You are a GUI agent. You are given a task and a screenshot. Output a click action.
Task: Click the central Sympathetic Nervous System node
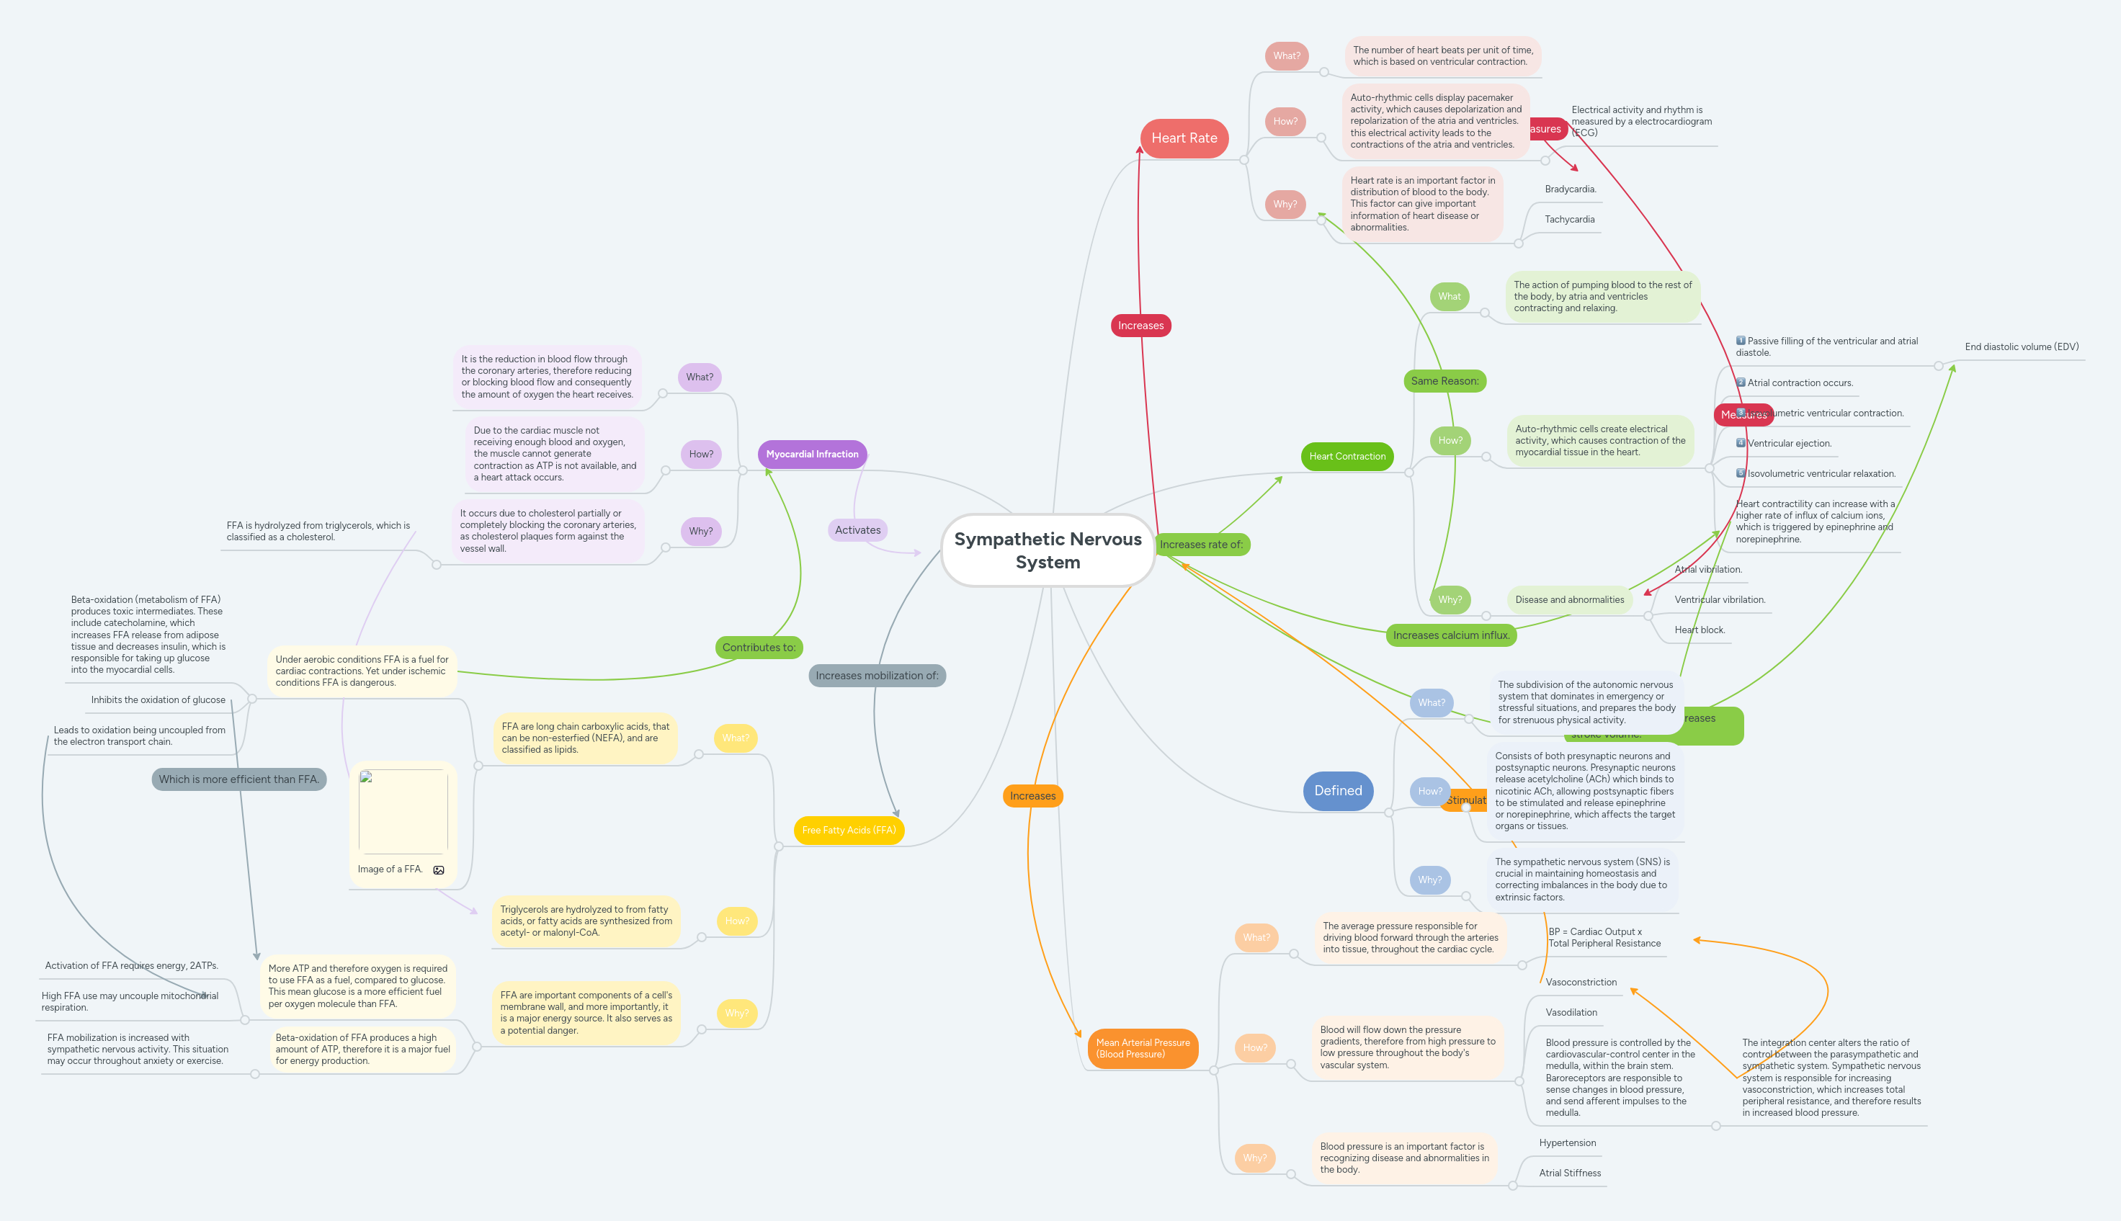(x=1048, y=550)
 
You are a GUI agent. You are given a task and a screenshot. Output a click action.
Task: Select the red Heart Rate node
(x=1184, y=138)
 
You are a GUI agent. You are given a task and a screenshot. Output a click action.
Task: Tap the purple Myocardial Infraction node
(x=811, y=455)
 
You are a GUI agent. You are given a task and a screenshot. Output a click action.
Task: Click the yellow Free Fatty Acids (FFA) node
(x=848, y=831)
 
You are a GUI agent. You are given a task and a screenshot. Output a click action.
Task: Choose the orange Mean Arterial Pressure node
(x=1142, y=1048)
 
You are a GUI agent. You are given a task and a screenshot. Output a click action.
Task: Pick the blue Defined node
(x=1338, y=791)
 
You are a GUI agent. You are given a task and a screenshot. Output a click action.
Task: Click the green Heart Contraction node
(x=1347, y=456)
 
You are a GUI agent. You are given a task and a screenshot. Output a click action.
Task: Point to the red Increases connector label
(x=1140, y=326)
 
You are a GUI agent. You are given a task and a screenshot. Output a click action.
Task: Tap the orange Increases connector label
(x=1032, y=796)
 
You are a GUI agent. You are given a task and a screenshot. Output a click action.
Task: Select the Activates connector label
(x=857, y=530)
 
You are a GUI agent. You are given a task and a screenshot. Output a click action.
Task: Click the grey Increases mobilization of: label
(x=876, y=676)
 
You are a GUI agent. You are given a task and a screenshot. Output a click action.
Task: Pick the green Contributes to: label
(x=758, y=648)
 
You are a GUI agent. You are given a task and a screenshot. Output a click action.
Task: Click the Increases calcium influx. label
(x=1451, y=635)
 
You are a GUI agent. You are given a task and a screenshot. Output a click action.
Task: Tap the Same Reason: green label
(x=1444, y=381)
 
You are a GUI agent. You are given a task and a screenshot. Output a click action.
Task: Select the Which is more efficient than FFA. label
(x=239, y=779)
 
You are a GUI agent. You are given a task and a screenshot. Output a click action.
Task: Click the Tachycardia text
(x=1569, y=220)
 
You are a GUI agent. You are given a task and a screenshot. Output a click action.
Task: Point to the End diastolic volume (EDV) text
(x=2021, y=347)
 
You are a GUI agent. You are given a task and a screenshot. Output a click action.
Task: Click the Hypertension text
(x=1567, y=1143)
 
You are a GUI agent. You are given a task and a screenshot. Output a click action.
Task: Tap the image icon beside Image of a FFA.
(x=439, y=869)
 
